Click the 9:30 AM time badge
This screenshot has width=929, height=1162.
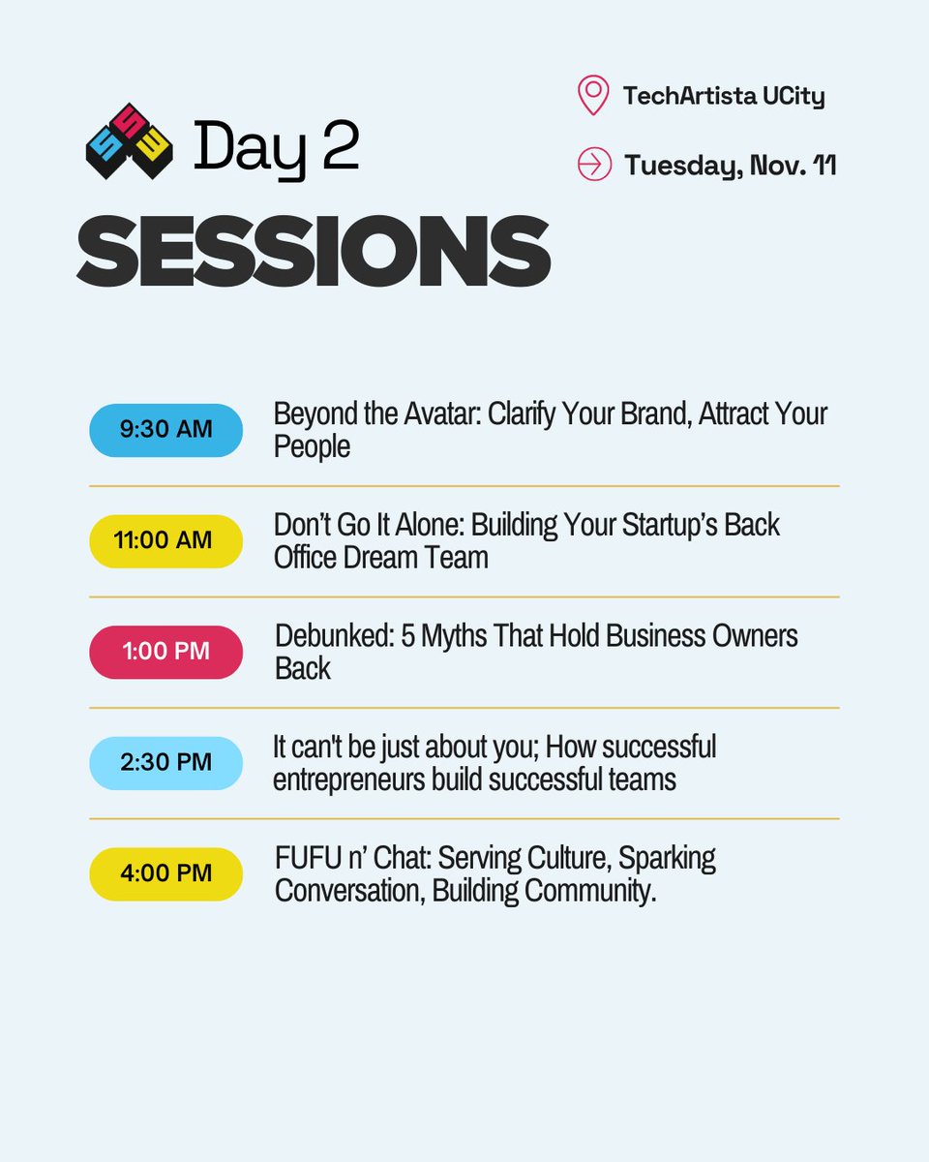165,430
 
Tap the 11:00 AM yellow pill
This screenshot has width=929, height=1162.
165,540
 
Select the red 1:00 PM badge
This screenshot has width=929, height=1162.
165,652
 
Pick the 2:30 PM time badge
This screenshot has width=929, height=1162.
165,763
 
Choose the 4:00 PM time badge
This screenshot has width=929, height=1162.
165,873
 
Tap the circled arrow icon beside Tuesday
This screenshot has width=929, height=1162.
594,165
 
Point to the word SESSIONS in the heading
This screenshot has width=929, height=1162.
314,251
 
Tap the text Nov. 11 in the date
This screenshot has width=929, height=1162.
789,166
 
